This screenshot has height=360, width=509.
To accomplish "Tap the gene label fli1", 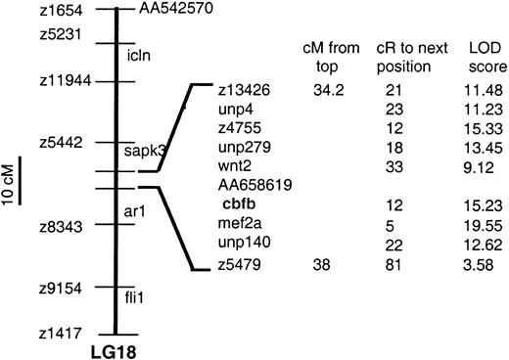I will tap(137, 295).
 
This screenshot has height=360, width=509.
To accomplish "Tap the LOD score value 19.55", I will tap(479, 223).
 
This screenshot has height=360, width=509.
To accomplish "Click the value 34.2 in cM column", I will tap(325, 91).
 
